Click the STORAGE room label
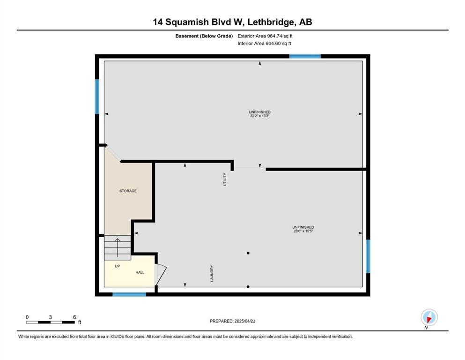(x=128, y=191)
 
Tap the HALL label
(x=140, y=272)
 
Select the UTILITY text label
(x=225, y=180)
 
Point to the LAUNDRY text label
(x=212, y=273)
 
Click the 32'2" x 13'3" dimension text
(x=259, y=116)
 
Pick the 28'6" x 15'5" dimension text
(x=303, y=231)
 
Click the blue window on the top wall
(x=305, y=56)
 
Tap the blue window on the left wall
(x=97, y=97)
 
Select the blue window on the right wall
(x=368, y=256)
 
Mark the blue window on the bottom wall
(x=129, y=294)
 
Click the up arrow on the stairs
(x=118, y=247)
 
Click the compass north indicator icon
(x=429, y=317)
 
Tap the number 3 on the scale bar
(x=51, y=317)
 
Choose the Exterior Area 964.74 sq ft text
(x=265, y=36)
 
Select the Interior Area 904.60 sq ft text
(x=264, y=43)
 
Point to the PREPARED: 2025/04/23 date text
(x=232, y=321)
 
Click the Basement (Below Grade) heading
(x=204, y=36)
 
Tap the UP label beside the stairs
(x=118, y=266)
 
